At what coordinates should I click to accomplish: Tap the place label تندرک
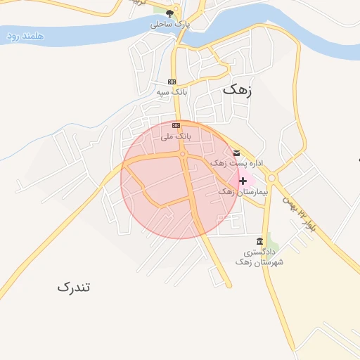(x=75, y=287)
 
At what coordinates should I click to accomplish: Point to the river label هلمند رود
(x=24, y=36)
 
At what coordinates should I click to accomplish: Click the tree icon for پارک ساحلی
(x=169, y=13)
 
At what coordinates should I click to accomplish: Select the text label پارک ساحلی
(x=169, y=24)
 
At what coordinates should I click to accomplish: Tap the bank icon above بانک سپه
(x=172, y=82)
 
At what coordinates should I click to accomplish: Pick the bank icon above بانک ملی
(x=176, y=126)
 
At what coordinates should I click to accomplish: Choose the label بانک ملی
(x=176, y=136)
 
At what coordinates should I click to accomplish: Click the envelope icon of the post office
(x=236, y=153)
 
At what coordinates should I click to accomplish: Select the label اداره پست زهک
(x=238, y=163)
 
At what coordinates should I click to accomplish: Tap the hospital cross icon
(x=243, y=181)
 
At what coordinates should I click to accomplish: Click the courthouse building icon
(x=260, y=241)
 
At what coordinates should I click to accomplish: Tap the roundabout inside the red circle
(x=183, y=154)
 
